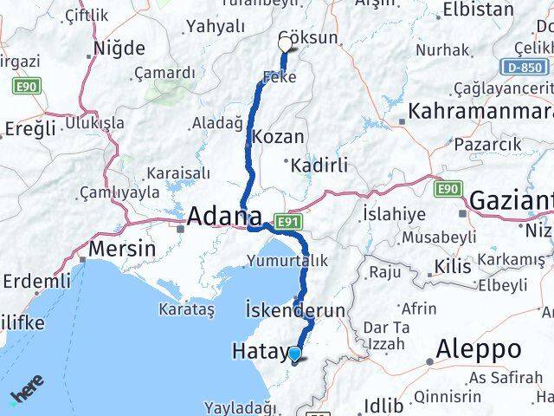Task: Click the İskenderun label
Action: tap(296, 310)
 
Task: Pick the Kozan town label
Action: tap(278, 136)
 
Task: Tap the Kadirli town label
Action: tap(319, 165)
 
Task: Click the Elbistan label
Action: tap(478, 10)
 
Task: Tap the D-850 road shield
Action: tap(525, 68)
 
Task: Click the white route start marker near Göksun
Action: tap(286, 43)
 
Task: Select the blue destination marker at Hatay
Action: tap(295, 354)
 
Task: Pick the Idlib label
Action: tap(384, 404)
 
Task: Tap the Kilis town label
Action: tap(454, 266)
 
